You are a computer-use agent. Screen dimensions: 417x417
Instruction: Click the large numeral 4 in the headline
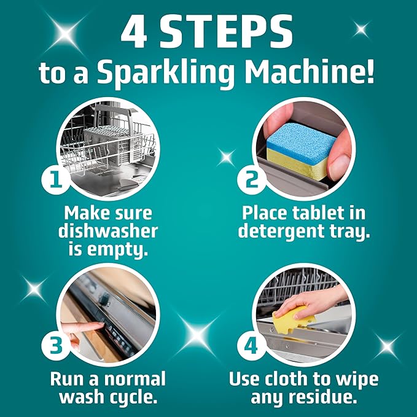[x=133, y=31]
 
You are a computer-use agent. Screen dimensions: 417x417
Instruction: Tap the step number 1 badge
[x=55, y=179]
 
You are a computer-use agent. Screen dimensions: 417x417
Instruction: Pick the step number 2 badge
[x=251, y=179]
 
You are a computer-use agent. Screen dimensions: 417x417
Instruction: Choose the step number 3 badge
[x=55, y=346]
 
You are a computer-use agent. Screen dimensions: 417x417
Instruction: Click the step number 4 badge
[x=251, y=346]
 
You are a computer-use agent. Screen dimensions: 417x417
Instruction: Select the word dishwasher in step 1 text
[x=108, y=232]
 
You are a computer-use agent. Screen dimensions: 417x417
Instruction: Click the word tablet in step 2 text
[x=319, y=213]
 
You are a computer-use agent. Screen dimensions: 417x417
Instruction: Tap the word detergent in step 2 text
[x=281, y=232]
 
